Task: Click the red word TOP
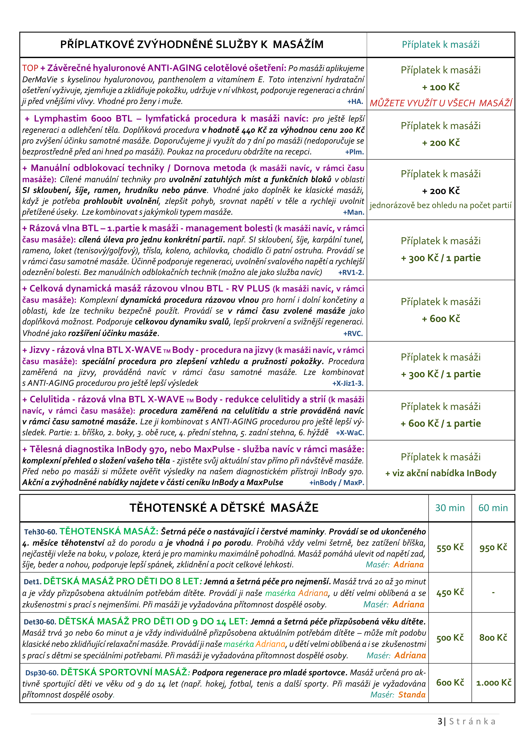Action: (30, 68)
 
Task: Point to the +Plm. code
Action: (354, 152)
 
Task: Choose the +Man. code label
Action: (353, 212)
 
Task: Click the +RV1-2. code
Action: (351, 272)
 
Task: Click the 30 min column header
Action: (450, 508)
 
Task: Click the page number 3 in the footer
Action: (440, 721)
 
